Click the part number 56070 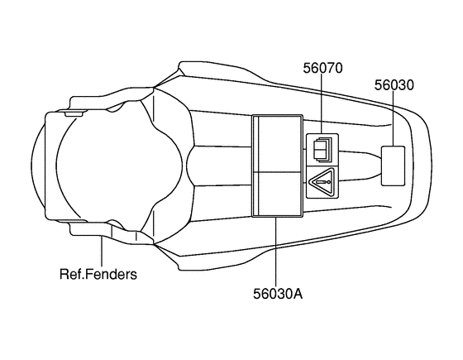(x=322, y=68)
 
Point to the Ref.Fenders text (x=98, y=273)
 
